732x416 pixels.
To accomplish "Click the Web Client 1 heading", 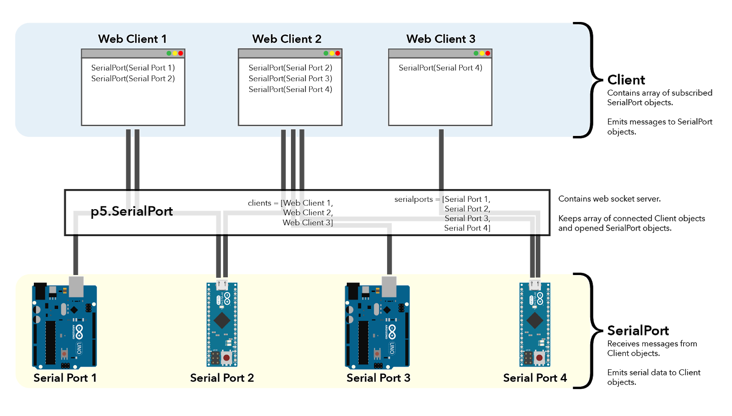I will pos(132,39).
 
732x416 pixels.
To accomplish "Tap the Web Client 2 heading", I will pos(286,39).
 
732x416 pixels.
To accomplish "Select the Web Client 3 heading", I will pos(441,39).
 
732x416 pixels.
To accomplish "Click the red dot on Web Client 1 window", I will pos(181,54).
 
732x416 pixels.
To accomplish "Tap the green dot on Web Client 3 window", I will pos(476,54).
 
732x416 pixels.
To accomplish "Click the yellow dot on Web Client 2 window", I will pos(332,54).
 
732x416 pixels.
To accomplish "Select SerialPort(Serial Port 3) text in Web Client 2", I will pos(290,79).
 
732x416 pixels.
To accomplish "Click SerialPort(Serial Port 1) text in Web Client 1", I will pos(133,68).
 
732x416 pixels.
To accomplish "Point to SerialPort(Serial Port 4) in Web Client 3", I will pos(440,68).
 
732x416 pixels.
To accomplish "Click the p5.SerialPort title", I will pos(132,211).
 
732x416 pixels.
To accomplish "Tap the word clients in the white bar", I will pos(259,203).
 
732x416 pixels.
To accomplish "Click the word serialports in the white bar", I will pos(413,199).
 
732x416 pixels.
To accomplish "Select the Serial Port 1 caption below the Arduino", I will pos(65,378).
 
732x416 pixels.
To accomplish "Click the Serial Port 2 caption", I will pos(222,378).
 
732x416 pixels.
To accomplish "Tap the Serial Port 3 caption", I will pos(378,378).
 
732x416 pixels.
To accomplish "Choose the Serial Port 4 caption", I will pos(535,378).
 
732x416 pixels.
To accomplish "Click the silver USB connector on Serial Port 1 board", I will pos(76,286).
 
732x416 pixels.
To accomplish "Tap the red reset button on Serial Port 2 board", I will pos(226,357).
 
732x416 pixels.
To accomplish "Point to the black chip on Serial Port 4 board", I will pos(534,320).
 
